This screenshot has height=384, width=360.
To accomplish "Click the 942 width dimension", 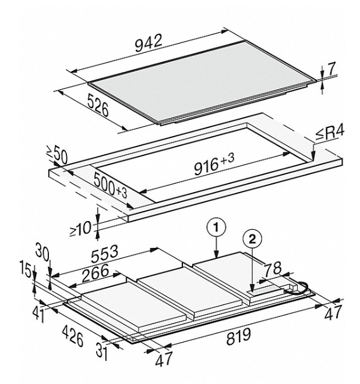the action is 149,44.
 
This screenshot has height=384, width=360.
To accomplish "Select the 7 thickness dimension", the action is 331,69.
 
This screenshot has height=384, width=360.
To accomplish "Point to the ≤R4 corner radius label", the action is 329,133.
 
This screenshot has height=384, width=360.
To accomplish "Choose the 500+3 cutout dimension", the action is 110,185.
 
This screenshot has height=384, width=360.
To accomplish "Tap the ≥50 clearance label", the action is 57,155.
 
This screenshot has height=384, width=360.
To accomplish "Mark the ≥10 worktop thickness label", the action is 81,229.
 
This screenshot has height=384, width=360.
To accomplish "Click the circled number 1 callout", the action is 216,227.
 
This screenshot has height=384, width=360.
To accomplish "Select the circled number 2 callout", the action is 252,239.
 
